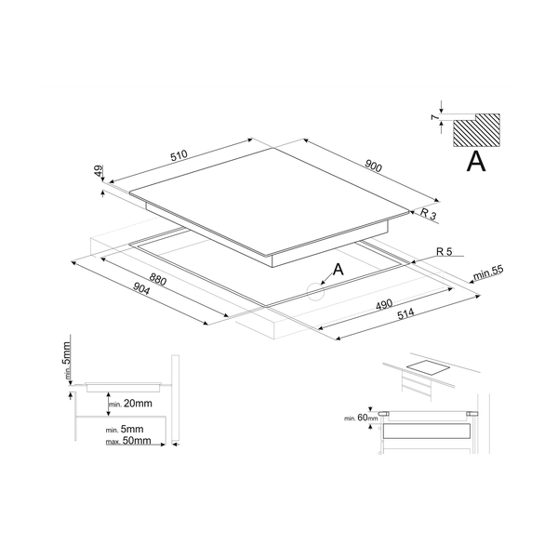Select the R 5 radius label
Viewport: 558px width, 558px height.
click(x=445, y=252)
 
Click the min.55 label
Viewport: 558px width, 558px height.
click(x=487, y=273)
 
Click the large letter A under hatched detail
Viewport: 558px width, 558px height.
click(x=475, y=162)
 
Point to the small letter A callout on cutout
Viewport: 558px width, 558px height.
click(x=339, y=269)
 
